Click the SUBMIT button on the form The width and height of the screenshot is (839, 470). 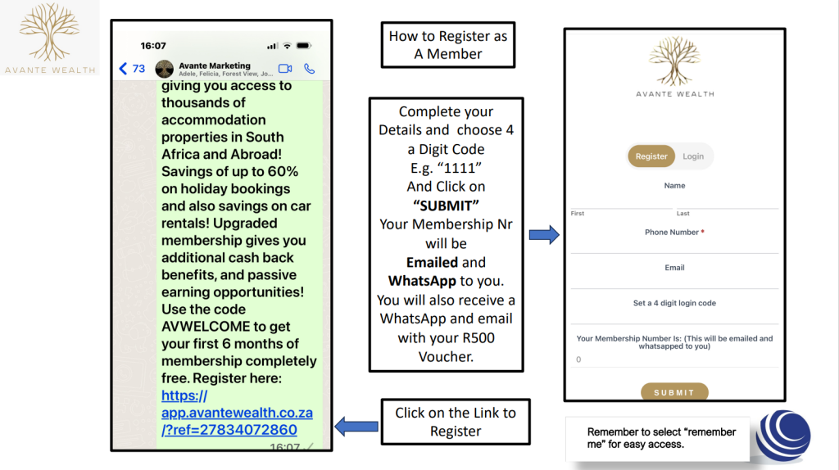[x=674, y=392]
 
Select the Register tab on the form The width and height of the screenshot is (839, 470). [x=651, y=156]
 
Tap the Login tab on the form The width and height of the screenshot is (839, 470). [x=693, y=156]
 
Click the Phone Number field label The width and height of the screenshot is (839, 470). [x=674, y=233]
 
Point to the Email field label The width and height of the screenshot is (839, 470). [x=674, y=268]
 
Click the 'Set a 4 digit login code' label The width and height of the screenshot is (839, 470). [x=674, y=303]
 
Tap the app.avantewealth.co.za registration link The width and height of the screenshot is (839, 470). [x=236, y=414]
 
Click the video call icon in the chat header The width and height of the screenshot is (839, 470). [x=285, y=69]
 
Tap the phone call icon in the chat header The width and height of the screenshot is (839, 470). [x=310, y=69]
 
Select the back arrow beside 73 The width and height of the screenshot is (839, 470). [x=123, y=69]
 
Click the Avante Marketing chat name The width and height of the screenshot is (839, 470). [x=215, y=66]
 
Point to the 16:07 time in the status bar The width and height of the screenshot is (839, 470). [x=153, y=46]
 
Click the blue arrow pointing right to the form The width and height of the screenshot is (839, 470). [x=543, y=236]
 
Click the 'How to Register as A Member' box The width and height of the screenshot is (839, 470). [x=447, y=45]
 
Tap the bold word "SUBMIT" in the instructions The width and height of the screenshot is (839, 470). [x=447, y=204]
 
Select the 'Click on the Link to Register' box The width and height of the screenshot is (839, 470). [x=456, y=422]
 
